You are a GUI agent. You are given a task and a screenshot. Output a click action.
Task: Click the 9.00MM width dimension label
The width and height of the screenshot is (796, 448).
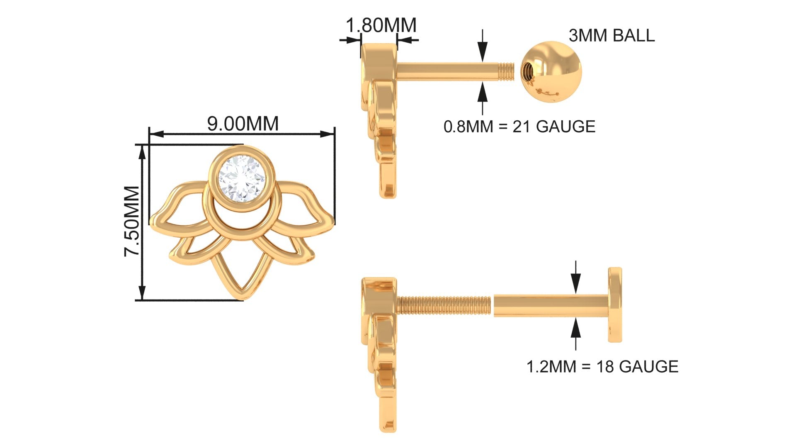[x=243, y=123]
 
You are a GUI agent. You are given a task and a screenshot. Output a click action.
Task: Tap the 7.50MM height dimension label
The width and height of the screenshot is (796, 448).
[x=132, y=221]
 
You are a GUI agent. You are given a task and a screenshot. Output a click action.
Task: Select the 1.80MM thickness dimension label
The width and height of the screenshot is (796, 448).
[x=381, y=25]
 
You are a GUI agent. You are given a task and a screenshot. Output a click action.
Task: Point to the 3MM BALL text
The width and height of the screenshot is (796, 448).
[x=612, y=36]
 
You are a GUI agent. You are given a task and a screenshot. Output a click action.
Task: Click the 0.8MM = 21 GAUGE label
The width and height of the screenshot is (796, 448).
[x=519, y=126]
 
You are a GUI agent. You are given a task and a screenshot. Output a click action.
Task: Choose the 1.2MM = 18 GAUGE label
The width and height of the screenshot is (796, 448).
[x=602, y=366]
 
